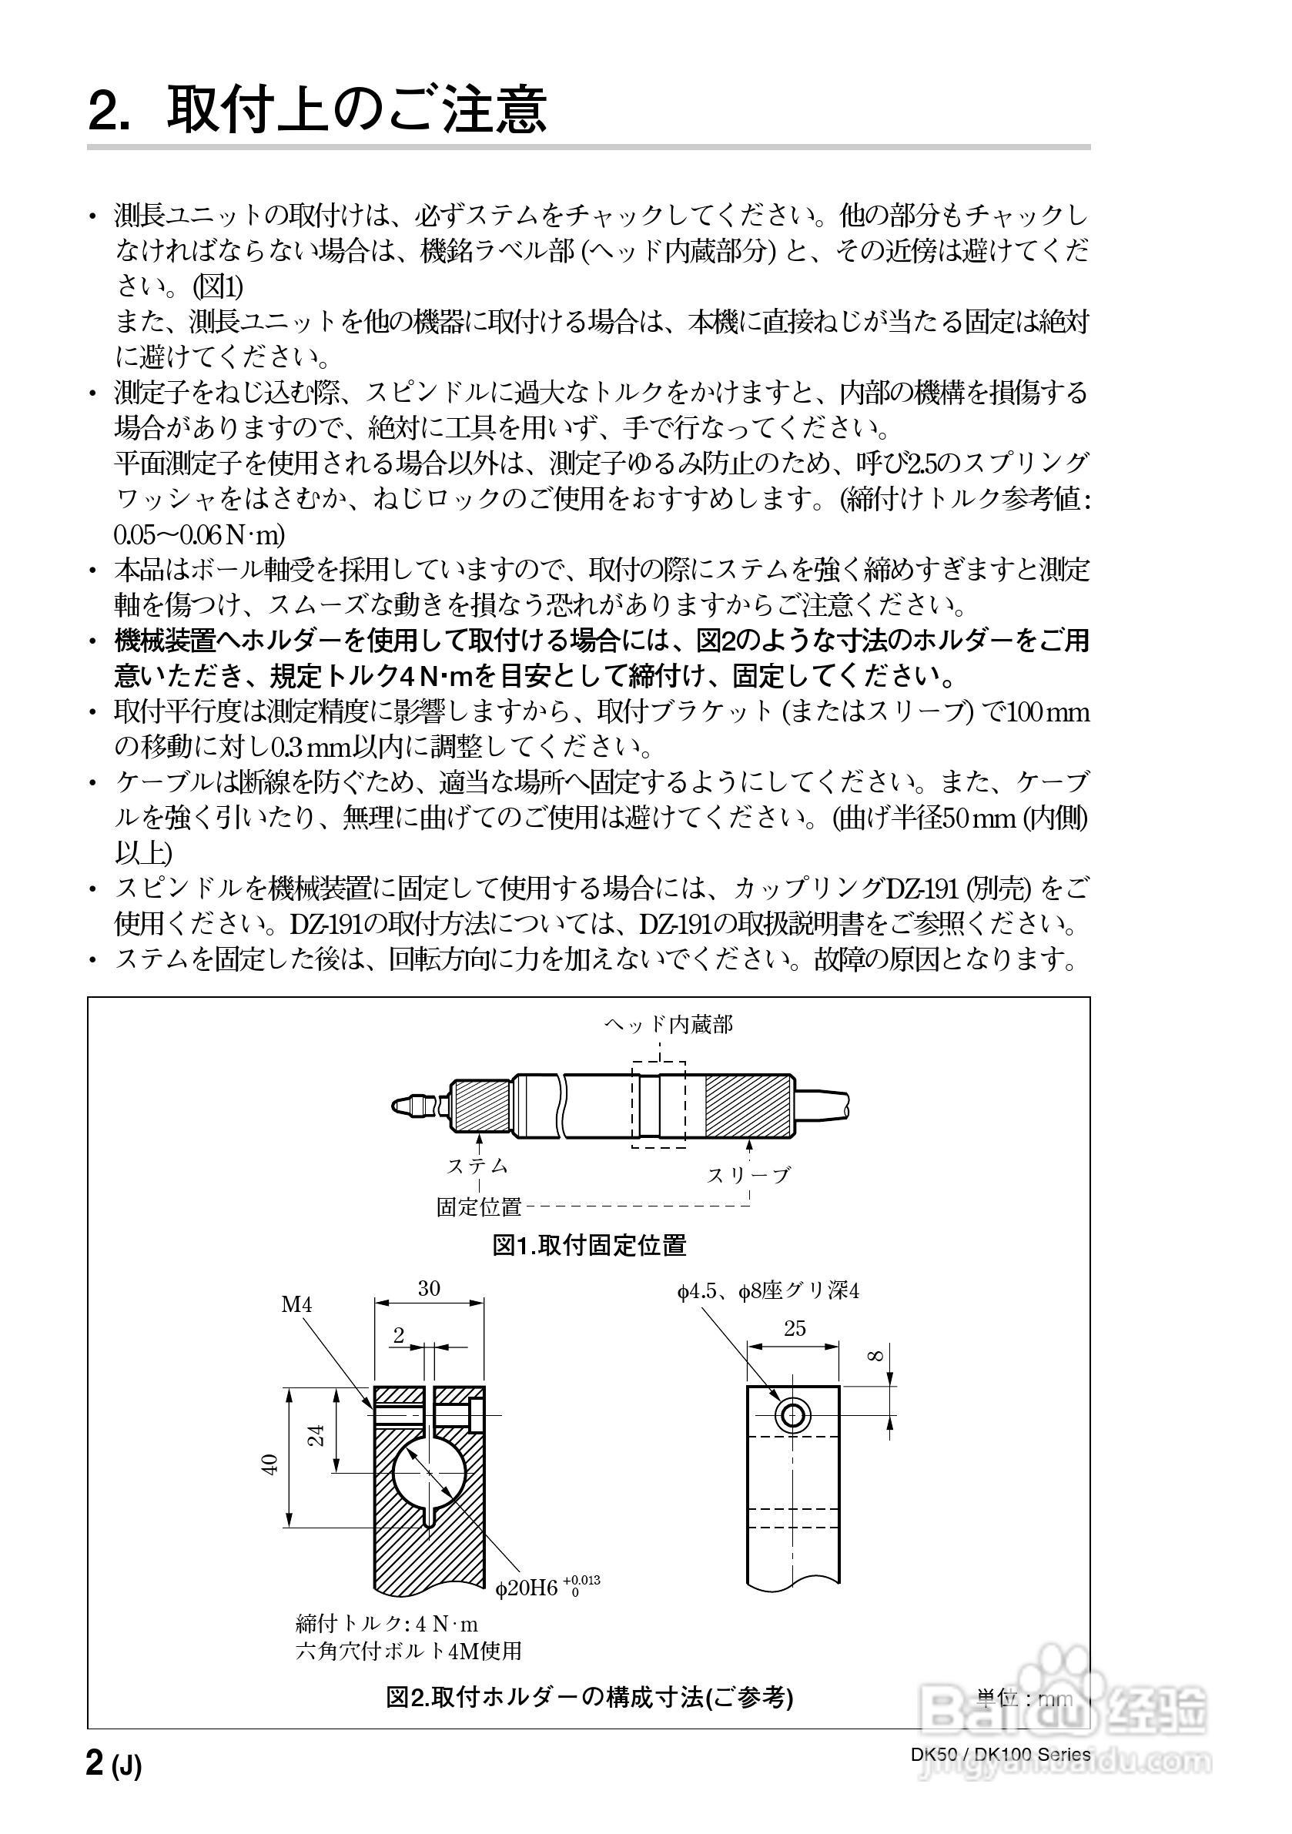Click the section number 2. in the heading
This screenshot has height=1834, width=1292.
(x=109, y=111)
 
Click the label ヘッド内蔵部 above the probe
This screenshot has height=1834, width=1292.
(x=668, y=1025)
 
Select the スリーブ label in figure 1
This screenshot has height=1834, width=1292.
(x=748, y=1174)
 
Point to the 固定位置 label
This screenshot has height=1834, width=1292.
(x=478, y=1207)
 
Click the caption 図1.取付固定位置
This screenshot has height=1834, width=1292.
(x=589, y=1245)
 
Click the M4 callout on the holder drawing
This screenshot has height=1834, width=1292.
(x=296, y=1305)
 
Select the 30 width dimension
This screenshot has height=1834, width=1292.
(x=429, y=1288)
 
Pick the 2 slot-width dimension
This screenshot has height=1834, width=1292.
(x=399, y=1335)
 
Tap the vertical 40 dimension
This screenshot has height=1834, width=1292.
(x=270, y=1464)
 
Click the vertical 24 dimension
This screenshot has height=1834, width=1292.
(x=317, y=1435)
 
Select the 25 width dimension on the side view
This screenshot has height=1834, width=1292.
(x=794, y=1328)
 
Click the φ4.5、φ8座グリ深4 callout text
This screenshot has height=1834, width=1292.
(x=768, y=1292)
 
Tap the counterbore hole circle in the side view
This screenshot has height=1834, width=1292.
(x=792, y=1416)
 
